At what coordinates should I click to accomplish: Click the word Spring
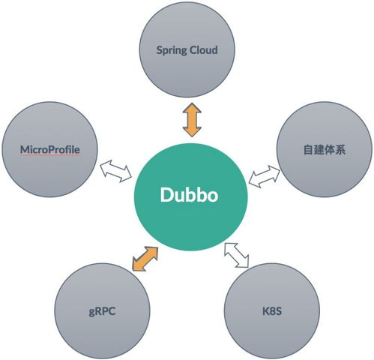pyautogui.click(x=172, y=52)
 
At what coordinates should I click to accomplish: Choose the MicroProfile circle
pyautogui.click(x=52, y=150)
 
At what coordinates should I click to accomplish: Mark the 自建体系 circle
pyautogui.click(x=323, y=150)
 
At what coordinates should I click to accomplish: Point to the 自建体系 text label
pyautogui.click(x=323, y=150)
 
